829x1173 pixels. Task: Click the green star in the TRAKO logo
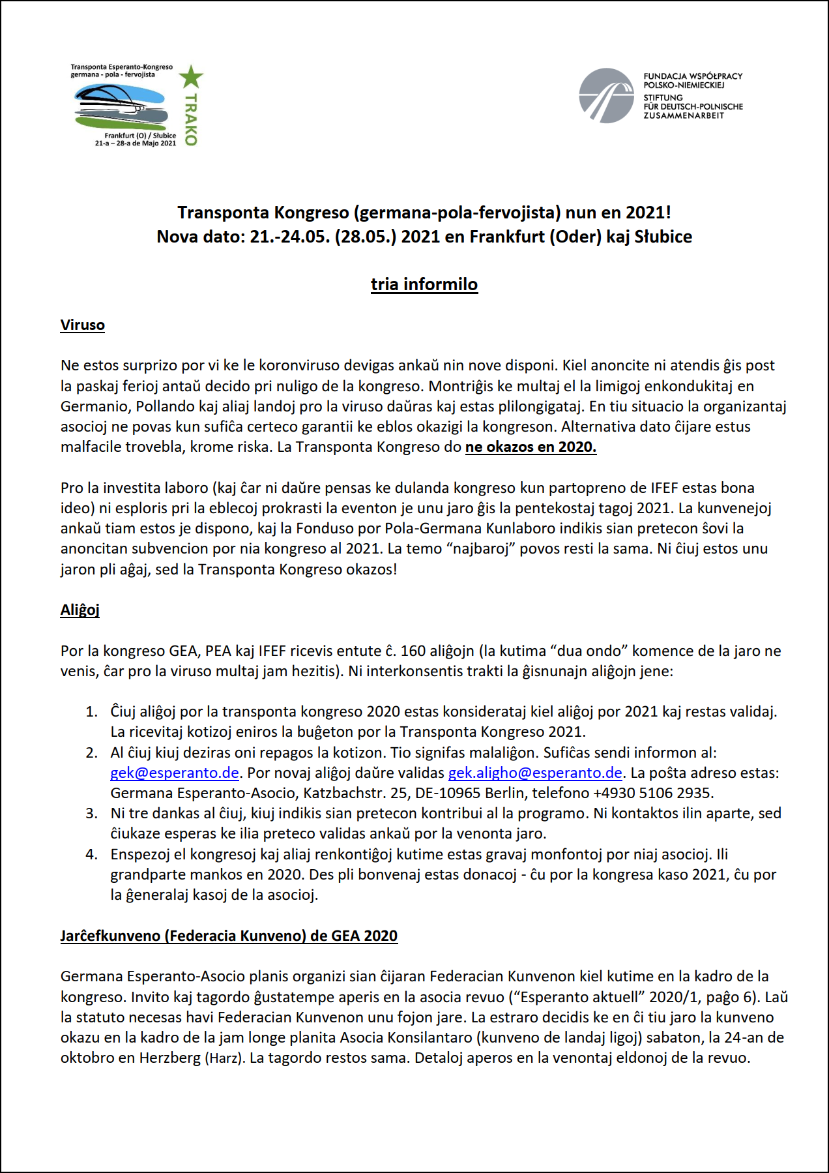(191, 77)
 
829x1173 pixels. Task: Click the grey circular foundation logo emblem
(606, 96)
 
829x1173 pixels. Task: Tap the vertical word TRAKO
(190, 119)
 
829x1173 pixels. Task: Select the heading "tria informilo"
(424, 284)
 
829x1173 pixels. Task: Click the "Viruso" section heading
(83, 325)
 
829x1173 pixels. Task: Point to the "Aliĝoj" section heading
(80, 610)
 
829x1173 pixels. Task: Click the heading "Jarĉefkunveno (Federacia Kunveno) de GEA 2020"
(229, 936)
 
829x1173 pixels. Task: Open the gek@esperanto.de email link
(175, 773)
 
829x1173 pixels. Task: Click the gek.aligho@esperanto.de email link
(535, 773)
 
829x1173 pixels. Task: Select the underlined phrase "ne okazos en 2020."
(531, 447)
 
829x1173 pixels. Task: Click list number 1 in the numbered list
(92, 711)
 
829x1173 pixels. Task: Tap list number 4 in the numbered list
(92, 854)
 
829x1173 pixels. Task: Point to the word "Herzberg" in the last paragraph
(171, 1058)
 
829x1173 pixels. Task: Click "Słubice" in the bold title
(663, 237)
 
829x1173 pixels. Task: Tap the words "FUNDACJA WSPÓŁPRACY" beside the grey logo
(693, 76)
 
